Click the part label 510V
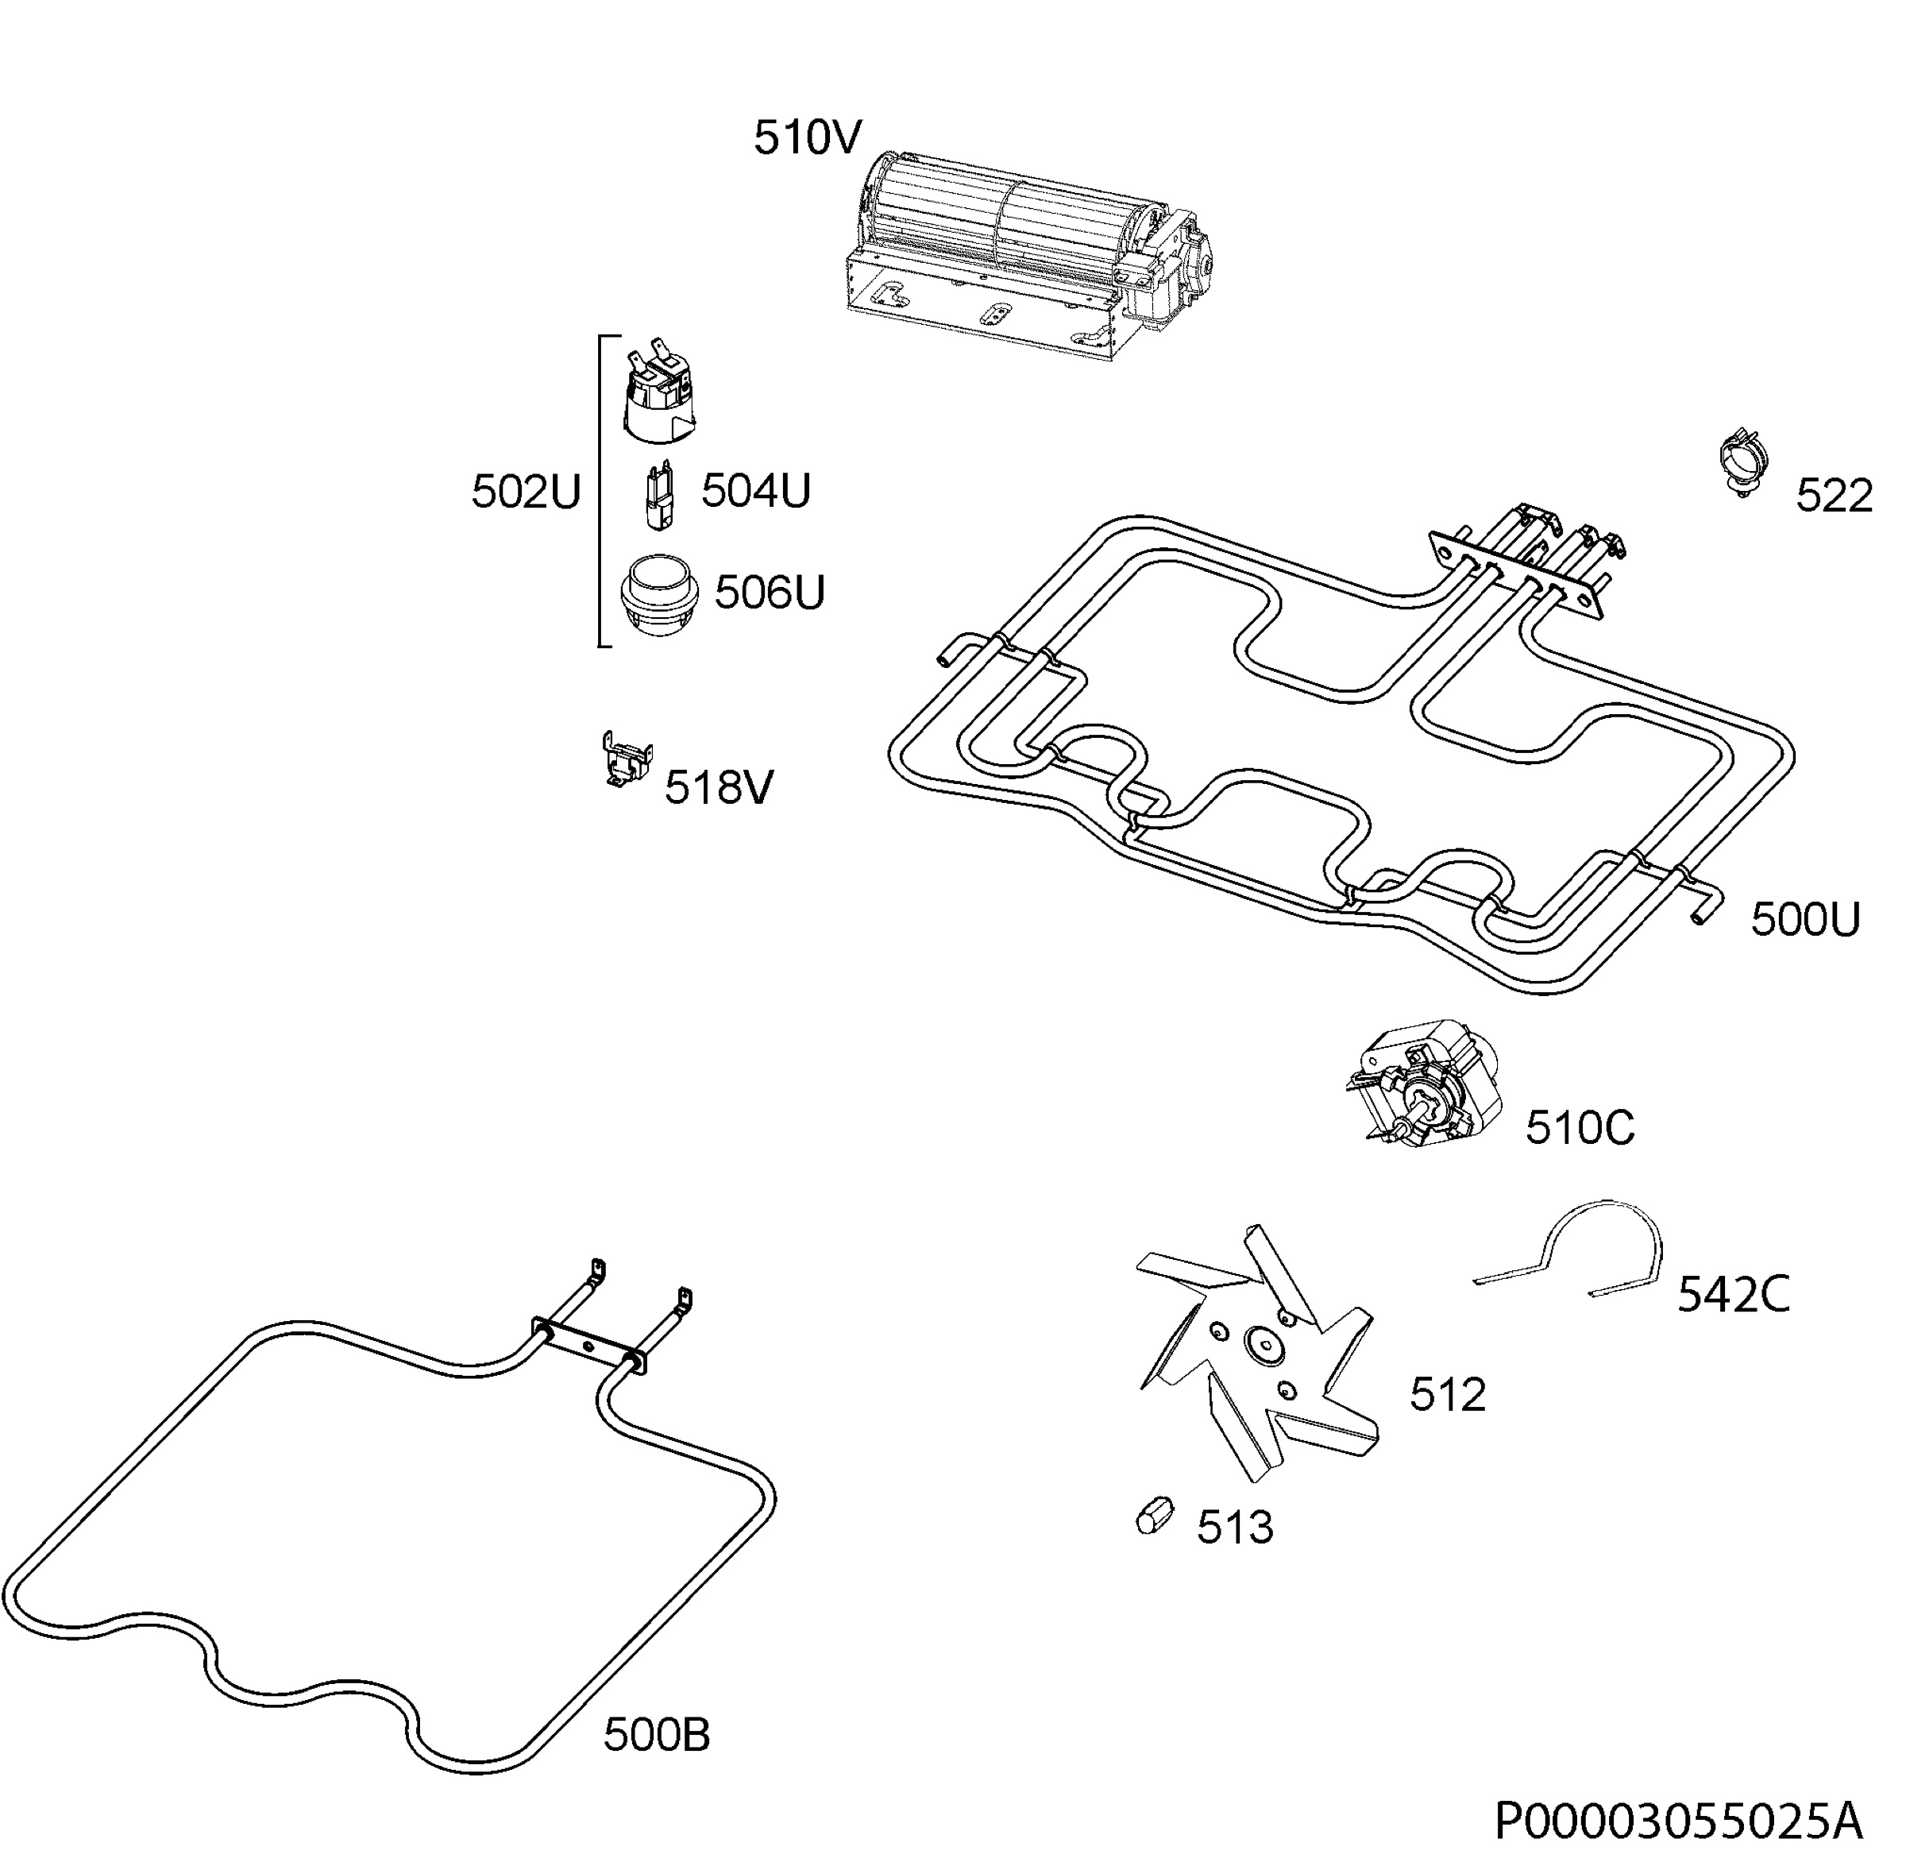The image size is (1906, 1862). [807, 138]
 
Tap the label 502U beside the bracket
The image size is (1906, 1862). [526, 492]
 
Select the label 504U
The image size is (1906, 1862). [756, 490]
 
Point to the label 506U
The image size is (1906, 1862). [770, 593]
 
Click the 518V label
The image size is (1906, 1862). [719, 787]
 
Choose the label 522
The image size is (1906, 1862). [1834, 496]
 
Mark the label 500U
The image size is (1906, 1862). [1804, 920]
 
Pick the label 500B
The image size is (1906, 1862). [656, 1736]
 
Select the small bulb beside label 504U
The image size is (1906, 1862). [659, 496]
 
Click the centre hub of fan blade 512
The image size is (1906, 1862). [1264, 1346]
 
